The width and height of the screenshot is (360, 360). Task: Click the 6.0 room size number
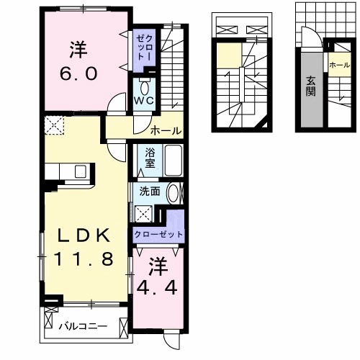point(78,75)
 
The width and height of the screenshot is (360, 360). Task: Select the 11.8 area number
point(80,260)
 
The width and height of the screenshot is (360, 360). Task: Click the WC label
point(143,102)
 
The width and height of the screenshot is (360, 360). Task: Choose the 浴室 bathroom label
point(150,158)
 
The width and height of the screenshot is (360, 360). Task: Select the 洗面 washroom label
point(150,192)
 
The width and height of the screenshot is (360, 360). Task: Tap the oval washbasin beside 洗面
point(173,194)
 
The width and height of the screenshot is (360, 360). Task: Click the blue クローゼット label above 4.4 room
point(158,235)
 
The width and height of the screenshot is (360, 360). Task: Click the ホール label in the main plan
point(166,130)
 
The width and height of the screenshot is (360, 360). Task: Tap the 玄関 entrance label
point(310,86)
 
